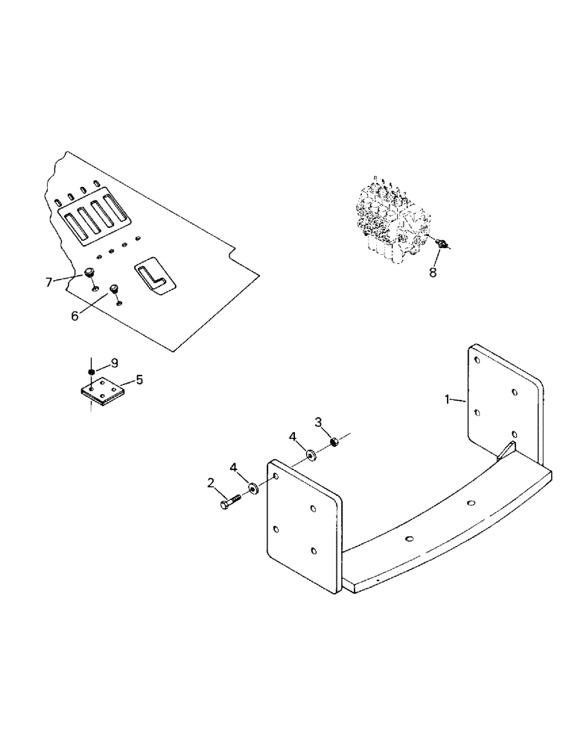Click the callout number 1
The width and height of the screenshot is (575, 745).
tap(449, 400)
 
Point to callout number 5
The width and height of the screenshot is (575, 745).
tap(139, 379)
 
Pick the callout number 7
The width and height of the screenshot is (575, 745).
tap(50, 282)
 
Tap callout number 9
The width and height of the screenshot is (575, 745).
tap(114, 363)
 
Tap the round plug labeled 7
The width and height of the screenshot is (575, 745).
tap(89, 273)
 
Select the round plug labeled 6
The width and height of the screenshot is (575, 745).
tap(115, 289)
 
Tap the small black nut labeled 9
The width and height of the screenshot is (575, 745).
tap(90, 371)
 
